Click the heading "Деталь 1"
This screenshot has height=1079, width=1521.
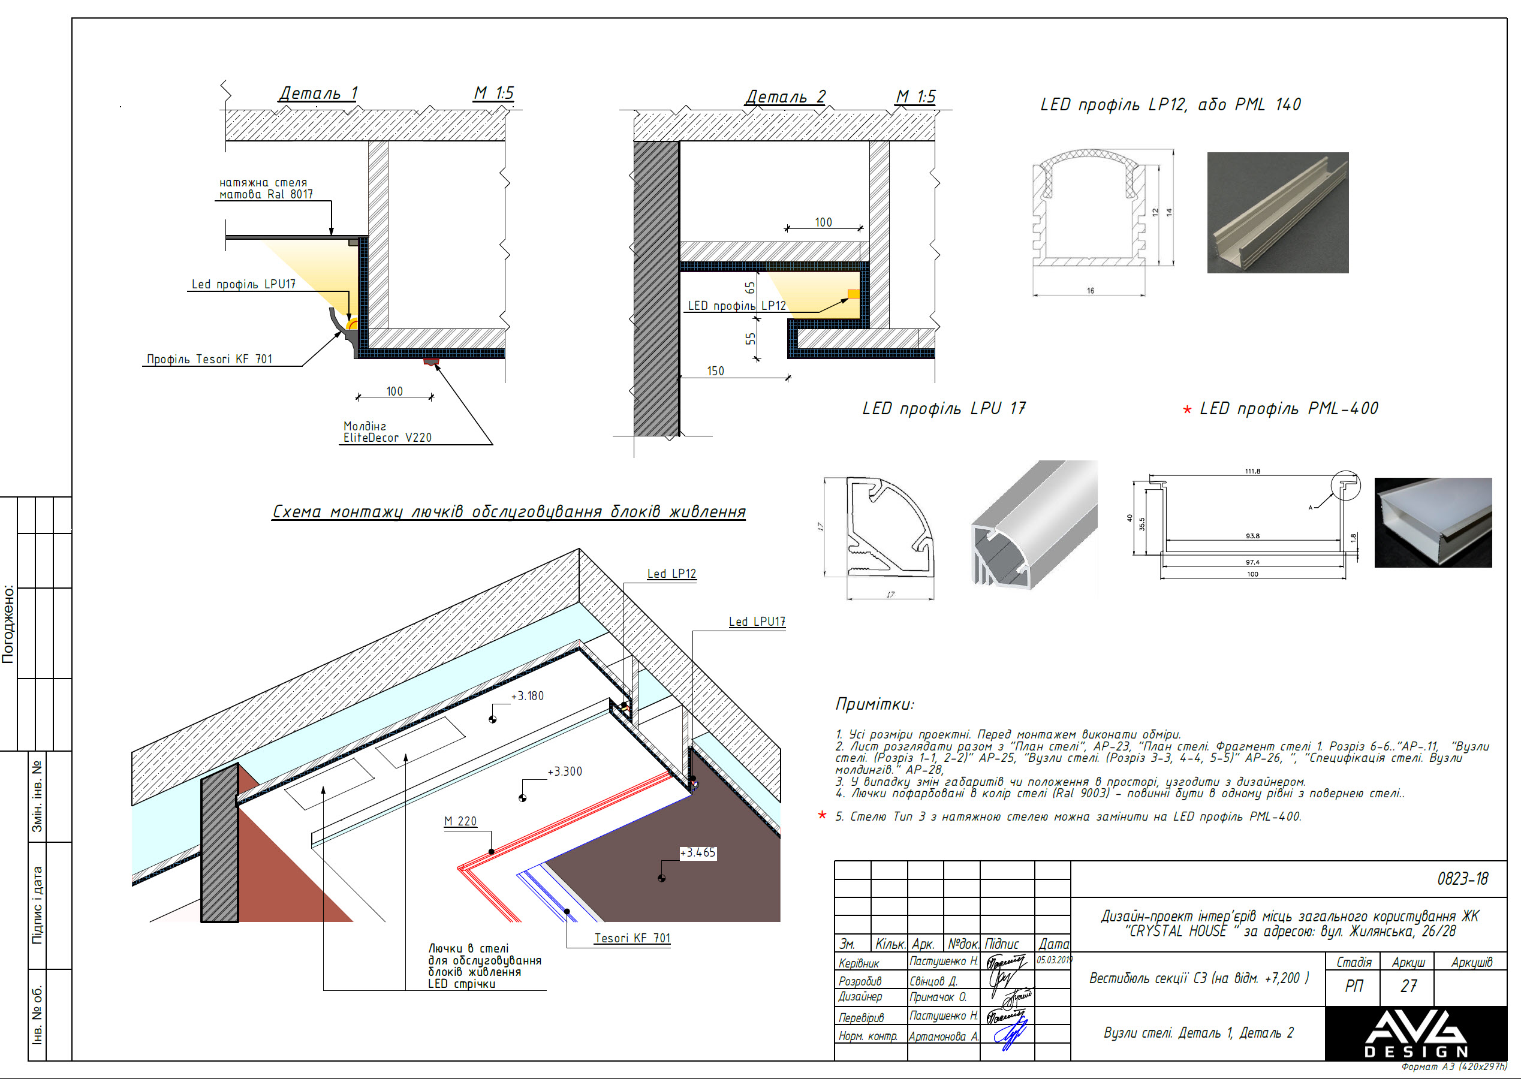click(318, 93)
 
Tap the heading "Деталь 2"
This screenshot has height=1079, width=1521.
click(785, 97)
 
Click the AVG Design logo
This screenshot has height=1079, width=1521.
click(1415, 1033)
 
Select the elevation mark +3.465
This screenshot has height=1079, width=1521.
click(698, 852)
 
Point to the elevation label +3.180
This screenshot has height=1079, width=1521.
click(527, 695)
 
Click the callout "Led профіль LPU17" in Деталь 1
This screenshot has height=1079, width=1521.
click(243, 284)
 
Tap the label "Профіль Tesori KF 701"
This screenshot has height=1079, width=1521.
click(209, 360)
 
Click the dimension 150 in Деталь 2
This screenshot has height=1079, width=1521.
click(715, 370)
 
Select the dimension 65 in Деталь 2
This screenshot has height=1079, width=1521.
click(750, 288)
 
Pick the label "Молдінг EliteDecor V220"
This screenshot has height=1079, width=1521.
click(387, 432)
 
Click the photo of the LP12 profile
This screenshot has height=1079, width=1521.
click(1277, 213)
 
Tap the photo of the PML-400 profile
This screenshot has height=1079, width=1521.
click(1433, 522)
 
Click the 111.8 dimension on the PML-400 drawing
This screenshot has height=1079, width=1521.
click(1252, 471)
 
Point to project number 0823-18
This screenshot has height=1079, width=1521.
click(1462, 879)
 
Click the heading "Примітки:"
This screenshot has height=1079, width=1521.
click(875, 704)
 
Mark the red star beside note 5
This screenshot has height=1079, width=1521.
click(822, 815)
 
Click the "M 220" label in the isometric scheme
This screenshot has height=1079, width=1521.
click(460, 821)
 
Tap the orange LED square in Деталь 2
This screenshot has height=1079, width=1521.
click(853, 294)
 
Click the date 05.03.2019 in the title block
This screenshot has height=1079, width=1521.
click(1054, 960)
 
